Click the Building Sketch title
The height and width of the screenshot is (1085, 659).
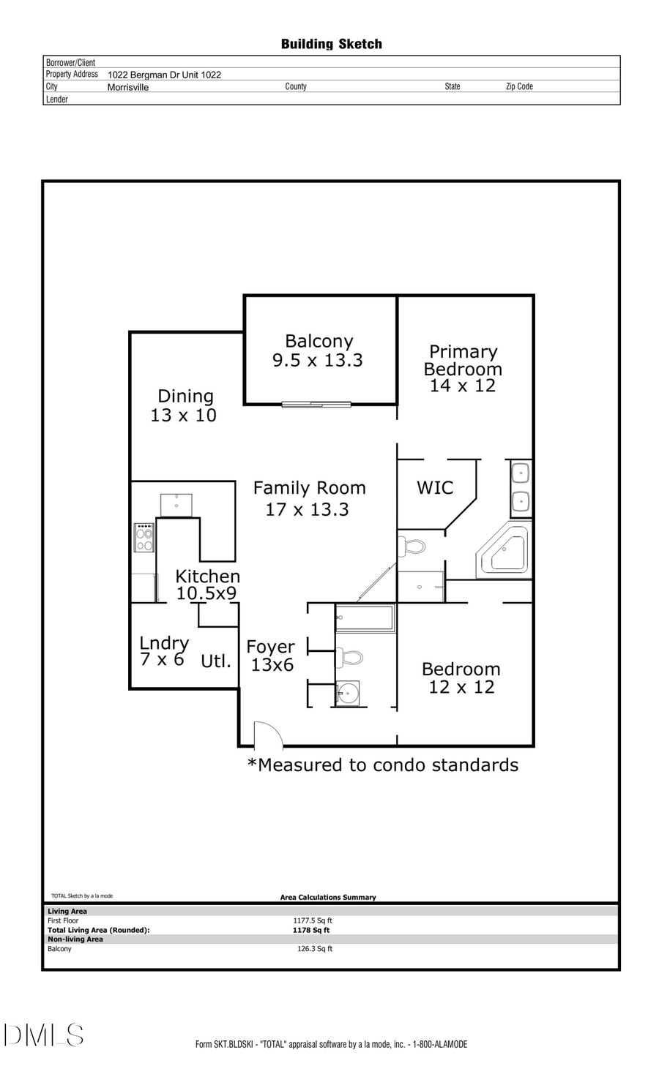(331, 45)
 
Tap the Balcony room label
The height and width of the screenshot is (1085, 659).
(318, 350)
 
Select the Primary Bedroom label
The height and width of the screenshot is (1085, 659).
(463, 369)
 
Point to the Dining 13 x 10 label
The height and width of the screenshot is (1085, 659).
(184, 405)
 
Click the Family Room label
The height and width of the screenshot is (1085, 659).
(308, 498)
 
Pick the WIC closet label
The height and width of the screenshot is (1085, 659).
(435, 488)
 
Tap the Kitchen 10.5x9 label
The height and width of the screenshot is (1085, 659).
(207, 585)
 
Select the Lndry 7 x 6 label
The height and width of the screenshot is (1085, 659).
(164, 650)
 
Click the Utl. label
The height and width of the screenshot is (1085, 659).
(216, 661)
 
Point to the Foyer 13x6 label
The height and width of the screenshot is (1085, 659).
(271, 656)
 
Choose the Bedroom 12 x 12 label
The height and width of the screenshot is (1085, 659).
(461, 677)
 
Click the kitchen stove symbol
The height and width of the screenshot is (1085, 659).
(144, 537)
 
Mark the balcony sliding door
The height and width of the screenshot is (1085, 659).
(316, 403)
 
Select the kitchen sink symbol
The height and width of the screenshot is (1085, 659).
(176, 505)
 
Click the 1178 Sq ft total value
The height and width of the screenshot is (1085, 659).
(311, 931)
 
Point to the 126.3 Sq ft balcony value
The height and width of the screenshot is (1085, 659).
(315, 949)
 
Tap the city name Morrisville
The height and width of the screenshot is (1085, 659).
(128, 87)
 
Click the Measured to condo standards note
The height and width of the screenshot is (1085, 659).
(383, 765)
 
